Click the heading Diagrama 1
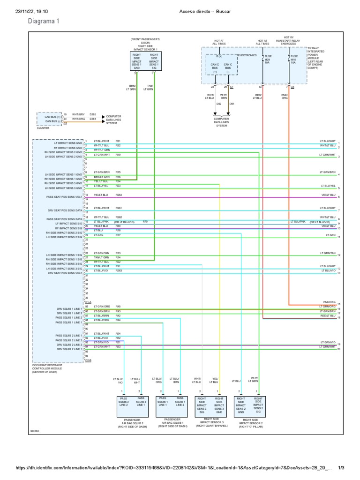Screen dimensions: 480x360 tap(44, 21)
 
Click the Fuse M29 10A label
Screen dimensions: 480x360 tap(268, 60)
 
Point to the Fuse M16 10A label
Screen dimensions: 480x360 tap(293, 60)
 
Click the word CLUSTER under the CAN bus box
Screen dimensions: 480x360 tap(43, 128)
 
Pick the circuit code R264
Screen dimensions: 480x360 tap(119, 195)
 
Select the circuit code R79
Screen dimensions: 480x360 tap(145, 221)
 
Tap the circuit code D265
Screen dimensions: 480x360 tap(93, 114)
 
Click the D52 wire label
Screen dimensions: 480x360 tap(218, 104)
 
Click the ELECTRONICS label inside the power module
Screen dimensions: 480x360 tap(247, 55)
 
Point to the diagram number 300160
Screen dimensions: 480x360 tap(35, 431)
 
